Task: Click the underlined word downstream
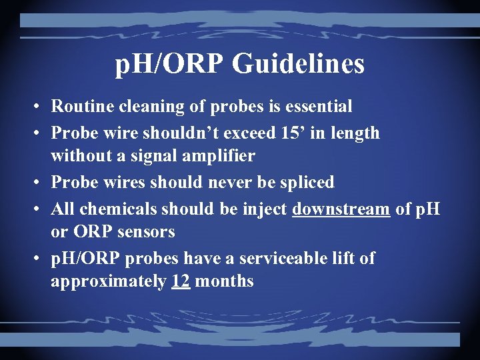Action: coord(341,209)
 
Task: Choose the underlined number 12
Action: coord(181,281)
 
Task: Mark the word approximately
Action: coord(109,281)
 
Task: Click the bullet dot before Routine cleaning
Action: coord(40,107)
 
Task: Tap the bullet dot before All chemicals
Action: coord(40,209)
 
